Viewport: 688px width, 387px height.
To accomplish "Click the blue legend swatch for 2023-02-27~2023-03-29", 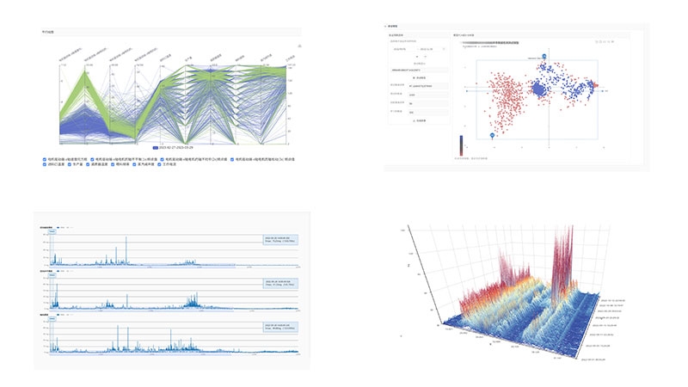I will [156, 149].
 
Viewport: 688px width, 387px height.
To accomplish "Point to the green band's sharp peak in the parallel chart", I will [87, 71].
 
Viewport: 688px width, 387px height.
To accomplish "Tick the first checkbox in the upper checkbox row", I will [45, 159].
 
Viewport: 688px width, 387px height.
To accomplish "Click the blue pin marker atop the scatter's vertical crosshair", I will [544, 56].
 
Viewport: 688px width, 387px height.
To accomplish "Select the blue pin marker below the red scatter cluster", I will [492, 135].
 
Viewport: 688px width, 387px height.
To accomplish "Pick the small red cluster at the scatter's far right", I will [593, 85].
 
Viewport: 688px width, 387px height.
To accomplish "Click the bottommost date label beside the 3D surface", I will [593, 359].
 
